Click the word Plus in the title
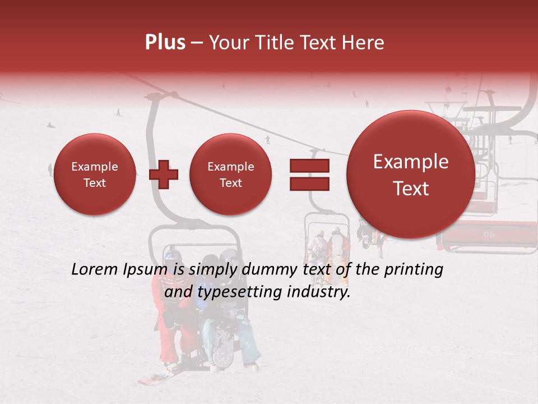(165, 43)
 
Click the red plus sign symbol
(163, 175)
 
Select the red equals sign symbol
(309, 175)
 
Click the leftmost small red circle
(94, 175)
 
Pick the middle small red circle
(230, 175)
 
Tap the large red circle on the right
(411, 175)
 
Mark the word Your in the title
(228, 43)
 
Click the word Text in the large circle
(411, 189)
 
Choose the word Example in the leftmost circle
(94, 167)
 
